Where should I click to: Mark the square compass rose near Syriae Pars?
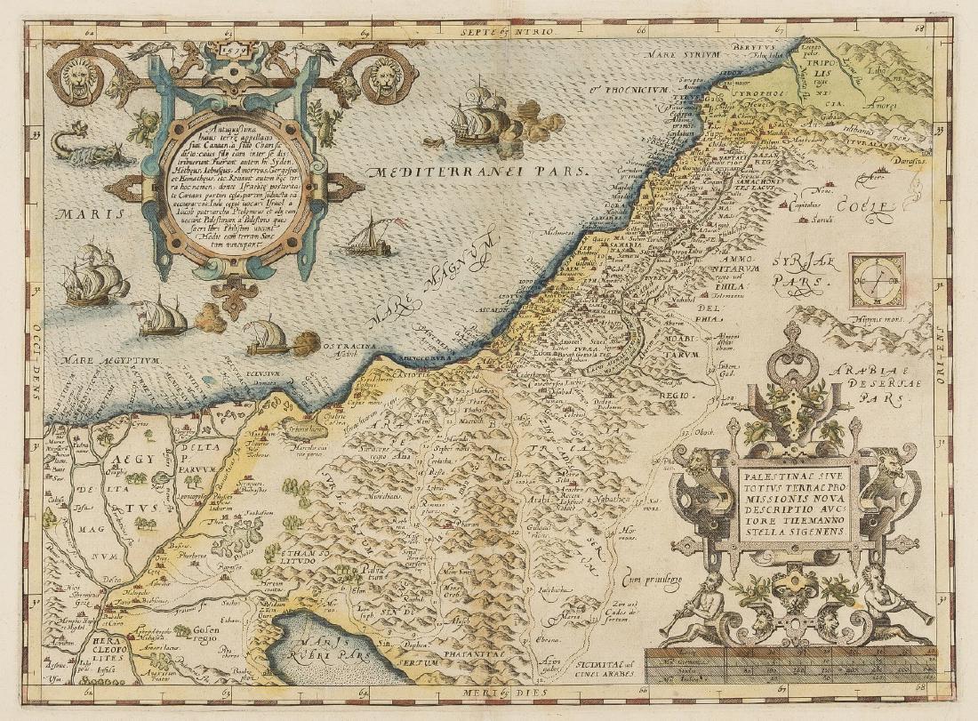point(877,280)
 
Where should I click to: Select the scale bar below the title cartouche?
point(791,666)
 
